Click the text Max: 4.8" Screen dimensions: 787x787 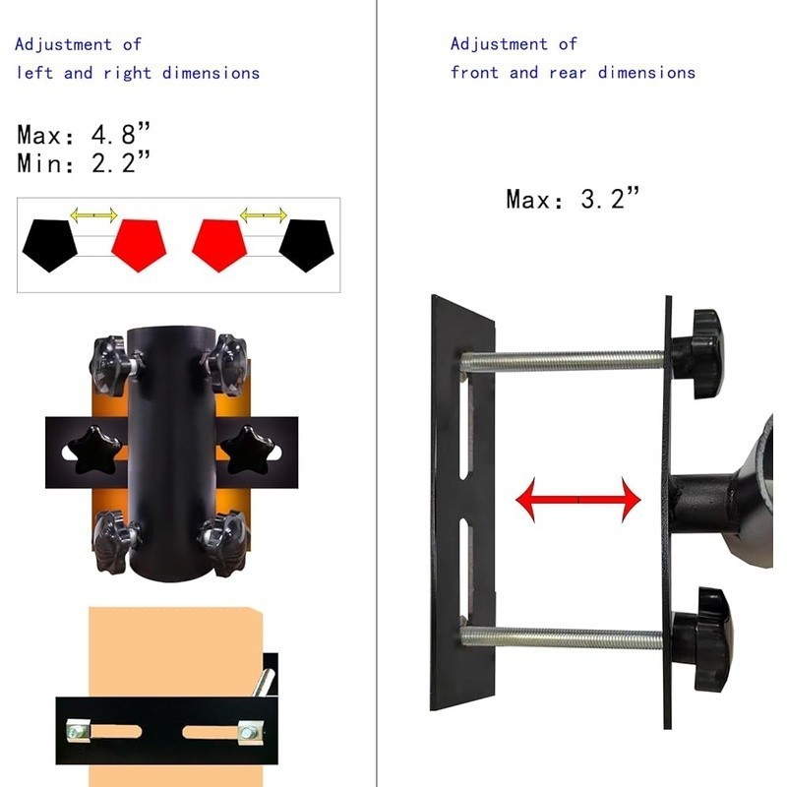pos(84,134)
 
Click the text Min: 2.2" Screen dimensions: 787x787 pos(84,162)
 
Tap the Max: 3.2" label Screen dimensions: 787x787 pos(573,199)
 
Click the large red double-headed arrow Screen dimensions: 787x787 pos(578,500)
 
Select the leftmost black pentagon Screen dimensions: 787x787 pos(50,245)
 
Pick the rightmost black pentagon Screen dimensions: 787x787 pos(306,245)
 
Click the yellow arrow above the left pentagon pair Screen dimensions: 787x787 pos(93,215)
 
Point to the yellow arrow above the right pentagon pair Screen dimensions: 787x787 pos(264,215)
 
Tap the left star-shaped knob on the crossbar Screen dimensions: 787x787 pos(94,451)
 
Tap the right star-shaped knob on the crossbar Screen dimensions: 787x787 pos(249,451)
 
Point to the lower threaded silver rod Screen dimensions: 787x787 pos(562,638)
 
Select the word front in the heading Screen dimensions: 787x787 pos(474,72)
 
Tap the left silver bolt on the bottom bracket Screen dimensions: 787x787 pos(78,730)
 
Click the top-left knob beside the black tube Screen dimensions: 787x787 pos(111,366)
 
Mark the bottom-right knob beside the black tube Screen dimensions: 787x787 pos(224,543)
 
